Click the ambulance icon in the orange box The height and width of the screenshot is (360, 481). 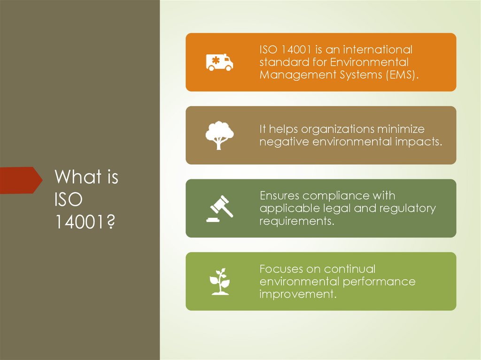click(x=219, y=62)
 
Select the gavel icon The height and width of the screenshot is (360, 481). click(x=219, y=208)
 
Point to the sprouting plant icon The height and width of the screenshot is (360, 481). click(x=219, y=281)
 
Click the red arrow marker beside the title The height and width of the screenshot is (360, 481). click(x=21, y=180)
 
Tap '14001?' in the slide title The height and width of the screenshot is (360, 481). click(x=85, y=221)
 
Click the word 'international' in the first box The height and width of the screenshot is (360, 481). click(x=377, y=49)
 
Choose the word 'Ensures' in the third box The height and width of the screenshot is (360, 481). click(x=279, y=195)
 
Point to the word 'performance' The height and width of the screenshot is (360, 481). click(x=379, y=282)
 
